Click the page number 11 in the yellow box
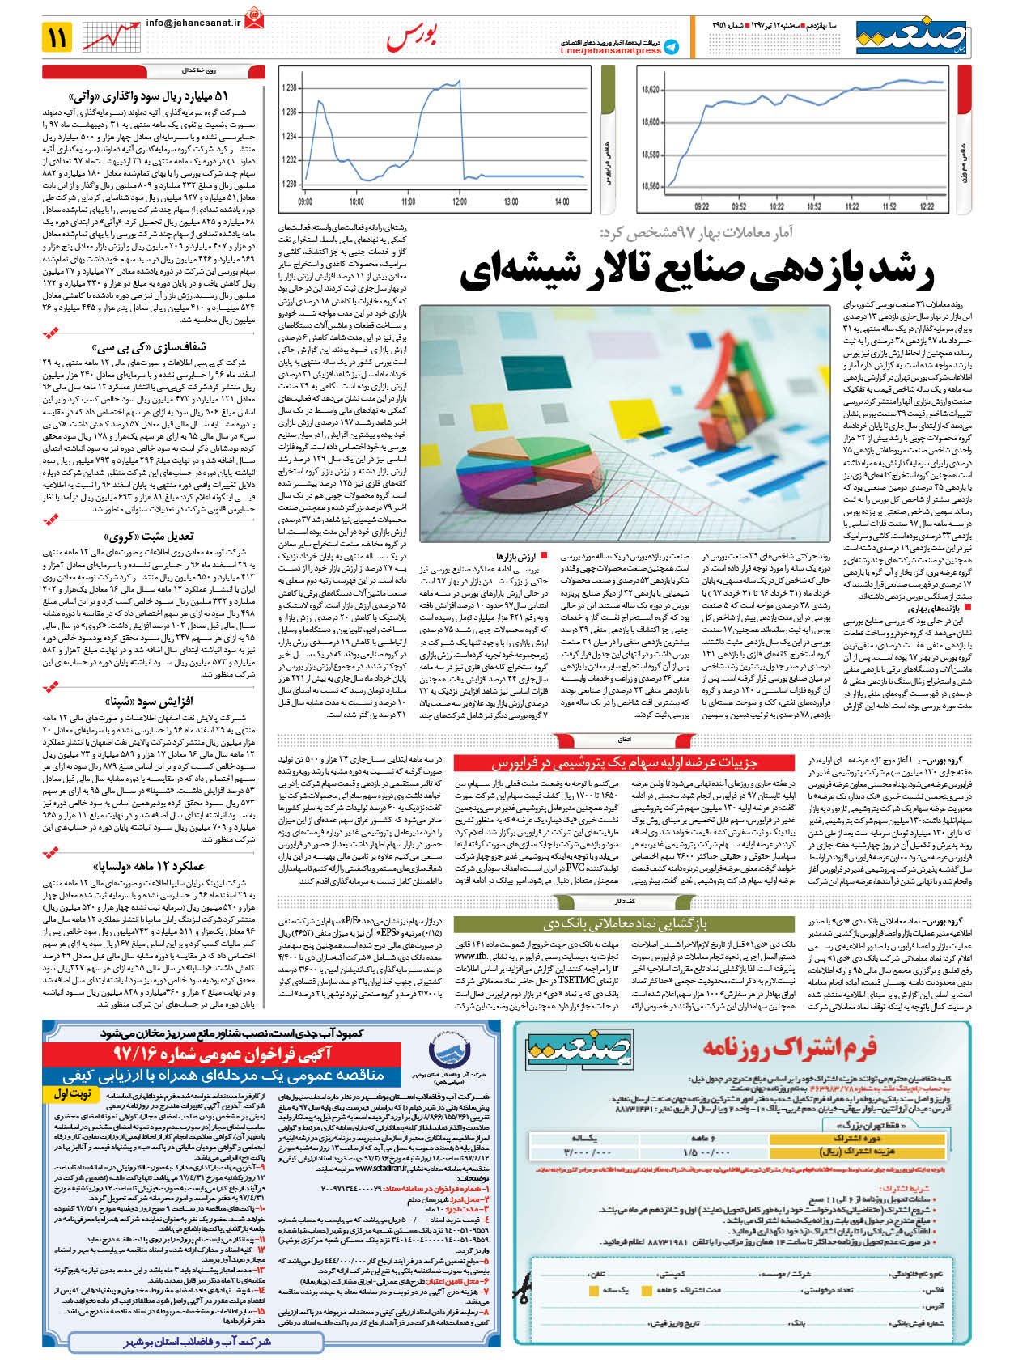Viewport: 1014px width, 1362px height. (x=58, y=37)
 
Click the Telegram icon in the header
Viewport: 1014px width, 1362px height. (x=671, y=47)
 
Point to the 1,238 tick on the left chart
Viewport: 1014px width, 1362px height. (x=289, y=87)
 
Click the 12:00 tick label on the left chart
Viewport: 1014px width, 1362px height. (x=460, y=202)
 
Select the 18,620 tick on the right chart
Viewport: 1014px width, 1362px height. (x=649, y=90)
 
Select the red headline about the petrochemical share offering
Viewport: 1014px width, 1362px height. (x=624, y=762)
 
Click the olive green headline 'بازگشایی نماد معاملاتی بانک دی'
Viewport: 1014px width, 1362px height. (x=624, y=923)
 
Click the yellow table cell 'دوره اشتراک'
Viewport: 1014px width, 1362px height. (x=859, y=1137)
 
